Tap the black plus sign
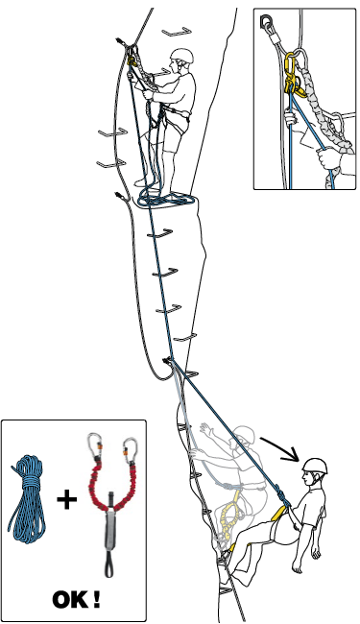pyautogui.click(x=66, y=499)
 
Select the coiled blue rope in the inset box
pyautogui.click(x=28, y=499)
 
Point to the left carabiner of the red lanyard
pyautogui.click(x=94, y=447)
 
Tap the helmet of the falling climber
pyautogui.click(x=315, y=466)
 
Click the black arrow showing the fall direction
pyautogui.click(x=279, y=449)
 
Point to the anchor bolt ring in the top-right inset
pyautogui.click(x=265, y=21)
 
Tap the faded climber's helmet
pyautogui.click(x=244, y=435)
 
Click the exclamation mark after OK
pyautogui.click(x=96, y=599)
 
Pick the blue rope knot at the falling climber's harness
pyautogui.click(x=281, y=496)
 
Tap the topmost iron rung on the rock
pyautogui.click(x=177, y=31)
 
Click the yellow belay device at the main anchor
pyautogui.click(x=132, y=60)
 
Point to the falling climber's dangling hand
pyautogui.click(x=315, y=552)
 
